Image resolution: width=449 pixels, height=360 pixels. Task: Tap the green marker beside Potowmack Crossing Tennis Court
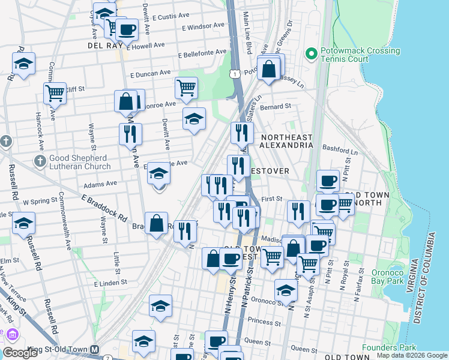311,55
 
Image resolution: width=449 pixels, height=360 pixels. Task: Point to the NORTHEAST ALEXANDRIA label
286,141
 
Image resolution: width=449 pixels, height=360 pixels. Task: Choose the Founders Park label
389,347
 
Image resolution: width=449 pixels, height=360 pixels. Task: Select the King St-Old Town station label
53,349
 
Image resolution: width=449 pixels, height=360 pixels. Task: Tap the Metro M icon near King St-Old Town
94,349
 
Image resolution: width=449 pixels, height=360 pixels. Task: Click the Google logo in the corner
20,353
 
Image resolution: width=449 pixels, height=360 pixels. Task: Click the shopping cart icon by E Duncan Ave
186,88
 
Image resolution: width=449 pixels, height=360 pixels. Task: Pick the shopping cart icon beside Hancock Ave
55,93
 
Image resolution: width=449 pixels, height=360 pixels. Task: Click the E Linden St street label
110,282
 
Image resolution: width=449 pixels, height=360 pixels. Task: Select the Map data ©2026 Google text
412,355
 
